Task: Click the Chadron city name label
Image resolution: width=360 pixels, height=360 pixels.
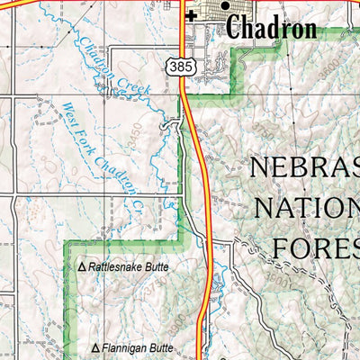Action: point(271,28)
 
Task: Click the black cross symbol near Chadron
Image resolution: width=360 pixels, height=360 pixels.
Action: point(191,15)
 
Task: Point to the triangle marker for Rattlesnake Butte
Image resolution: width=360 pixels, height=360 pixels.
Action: point(82,267)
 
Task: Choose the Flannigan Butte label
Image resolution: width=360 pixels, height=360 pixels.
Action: point(137,346)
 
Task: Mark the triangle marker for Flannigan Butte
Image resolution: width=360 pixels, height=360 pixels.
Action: point(96,346)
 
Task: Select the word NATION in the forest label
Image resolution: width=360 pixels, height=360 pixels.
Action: point(308,209)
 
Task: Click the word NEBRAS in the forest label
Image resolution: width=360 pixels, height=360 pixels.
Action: point(304,169)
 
